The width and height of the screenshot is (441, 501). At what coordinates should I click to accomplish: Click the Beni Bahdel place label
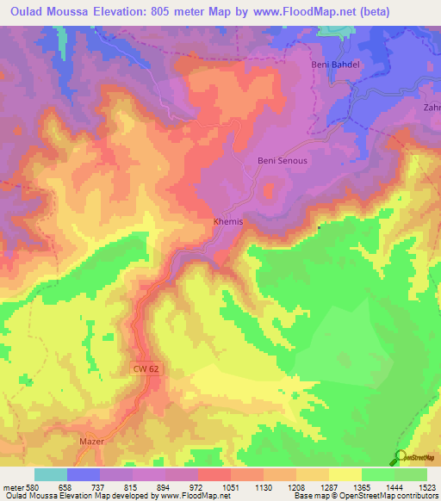[x=332, y=65]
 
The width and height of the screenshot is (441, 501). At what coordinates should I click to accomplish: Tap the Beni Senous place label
[x=283, y=160]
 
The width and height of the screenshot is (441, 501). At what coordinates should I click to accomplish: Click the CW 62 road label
[x=146, y=368]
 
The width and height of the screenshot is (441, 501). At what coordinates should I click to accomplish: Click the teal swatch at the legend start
[x=51, y=474]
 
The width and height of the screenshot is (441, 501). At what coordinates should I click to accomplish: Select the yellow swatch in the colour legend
[x=345, y=474]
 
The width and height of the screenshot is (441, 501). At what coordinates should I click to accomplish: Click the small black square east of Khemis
[x=319, y=227]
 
